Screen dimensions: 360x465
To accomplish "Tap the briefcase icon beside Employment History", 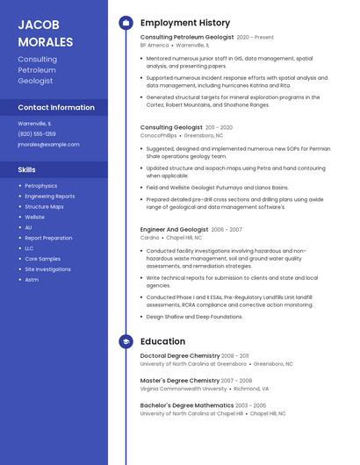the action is point(126,23).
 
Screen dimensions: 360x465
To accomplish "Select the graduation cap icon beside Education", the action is point(126,341).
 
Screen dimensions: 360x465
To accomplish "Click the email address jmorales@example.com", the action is point(48,145).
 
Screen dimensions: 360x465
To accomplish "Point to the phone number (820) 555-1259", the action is point(37,134).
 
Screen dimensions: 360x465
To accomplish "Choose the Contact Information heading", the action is point(56,107).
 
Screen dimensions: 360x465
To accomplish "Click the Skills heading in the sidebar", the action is point(27,169).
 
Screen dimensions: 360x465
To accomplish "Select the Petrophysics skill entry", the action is point(41,186).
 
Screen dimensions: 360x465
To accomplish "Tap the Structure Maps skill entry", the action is point(44,207).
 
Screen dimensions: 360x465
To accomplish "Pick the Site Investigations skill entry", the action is point(48,269).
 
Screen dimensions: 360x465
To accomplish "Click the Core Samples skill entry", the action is point(43,259).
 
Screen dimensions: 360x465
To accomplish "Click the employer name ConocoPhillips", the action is point(159,136).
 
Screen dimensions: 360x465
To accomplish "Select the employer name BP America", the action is point(155,45).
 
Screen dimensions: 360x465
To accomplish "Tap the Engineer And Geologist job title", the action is point(174,229).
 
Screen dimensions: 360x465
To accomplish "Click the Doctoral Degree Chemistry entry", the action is point(180,356).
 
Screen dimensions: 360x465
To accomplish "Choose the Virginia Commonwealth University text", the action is point(183,388).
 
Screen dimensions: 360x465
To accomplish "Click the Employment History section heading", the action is point(185,23).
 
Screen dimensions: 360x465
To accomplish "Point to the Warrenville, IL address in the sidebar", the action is point(35,124).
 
